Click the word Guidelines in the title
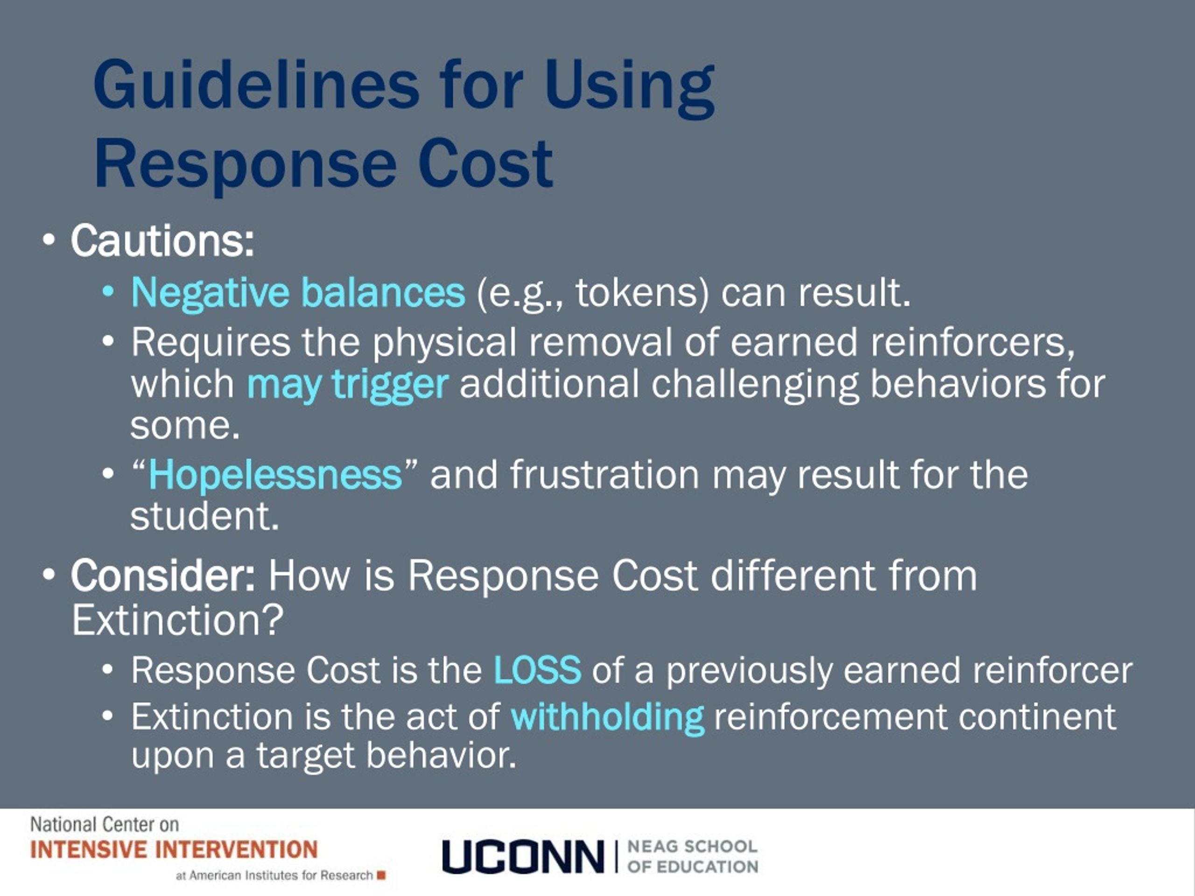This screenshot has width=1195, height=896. pyautogui.click(x=256, y=86)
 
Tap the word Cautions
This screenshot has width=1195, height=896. pyautogui.click(x=162, y=241)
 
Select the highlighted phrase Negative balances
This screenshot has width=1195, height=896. pyautogui.click(x=298, y=293)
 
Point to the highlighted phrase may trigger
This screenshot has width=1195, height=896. pyautogui.click(x=347, y=385)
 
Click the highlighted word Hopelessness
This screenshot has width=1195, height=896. pyautogui.click(x=275, y=475)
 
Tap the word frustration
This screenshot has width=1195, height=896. pyautogui.click(x=605, y=475)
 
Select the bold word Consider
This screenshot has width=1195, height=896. pyautogui.click(x=162, y=576)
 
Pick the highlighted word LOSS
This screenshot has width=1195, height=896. pyautogui.click(x=537, y=670)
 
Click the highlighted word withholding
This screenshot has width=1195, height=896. pyautogui.click(x=607, y=717)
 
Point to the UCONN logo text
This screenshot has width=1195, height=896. pyautogui.click(x=522, y=856)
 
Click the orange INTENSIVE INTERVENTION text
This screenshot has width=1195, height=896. pyautogui.click(x=174, y=849)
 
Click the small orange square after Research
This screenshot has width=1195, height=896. pyautogui.click(x=381, y=875)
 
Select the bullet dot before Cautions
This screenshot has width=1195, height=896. pyautogui.click(x=49, y=241)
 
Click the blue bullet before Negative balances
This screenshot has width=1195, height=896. pyautogui.click(x=108, y=292)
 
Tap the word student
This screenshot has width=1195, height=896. pyautogui.click(x=204, y=517)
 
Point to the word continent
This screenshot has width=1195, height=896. pyautogui.click(x=1037, y=717)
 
